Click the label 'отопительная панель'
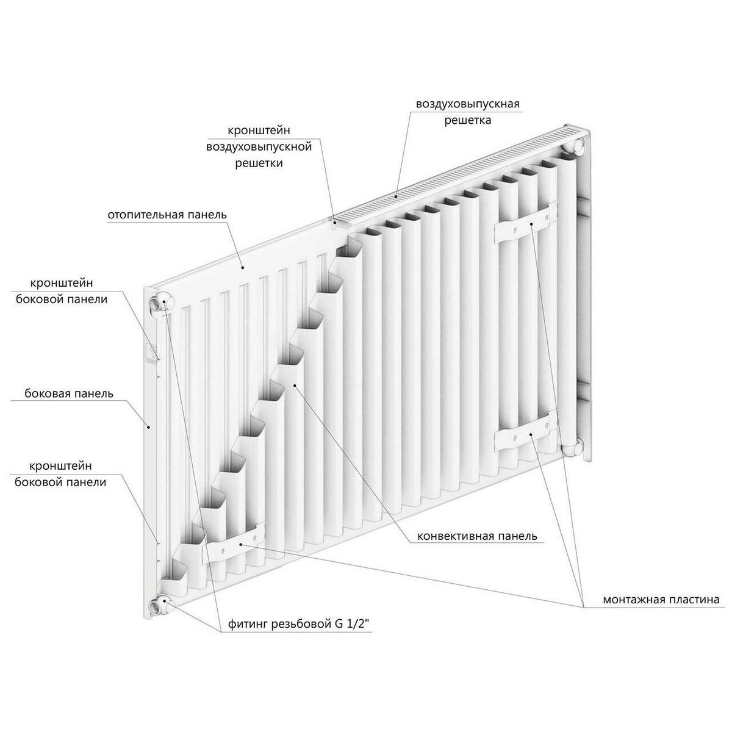click(x=167, y=215)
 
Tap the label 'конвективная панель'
click(x=477, y=536)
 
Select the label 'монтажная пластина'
click(x=661, y=600)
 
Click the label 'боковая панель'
click(x=69, y=393)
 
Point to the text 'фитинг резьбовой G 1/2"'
click(x=299, y=624)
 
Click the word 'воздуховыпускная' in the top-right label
click(x=468, y=104)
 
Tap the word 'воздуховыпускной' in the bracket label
click(x=259, y=146)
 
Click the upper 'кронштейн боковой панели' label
click(x=62, y=291)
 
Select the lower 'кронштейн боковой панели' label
click(x=61, y=474)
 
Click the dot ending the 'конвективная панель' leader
click(x=295, y=385)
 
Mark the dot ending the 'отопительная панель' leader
click(x=243, y=267)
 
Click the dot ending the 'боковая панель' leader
click(x=149, y=427)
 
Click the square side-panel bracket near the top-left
click(x=151, y=352)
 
